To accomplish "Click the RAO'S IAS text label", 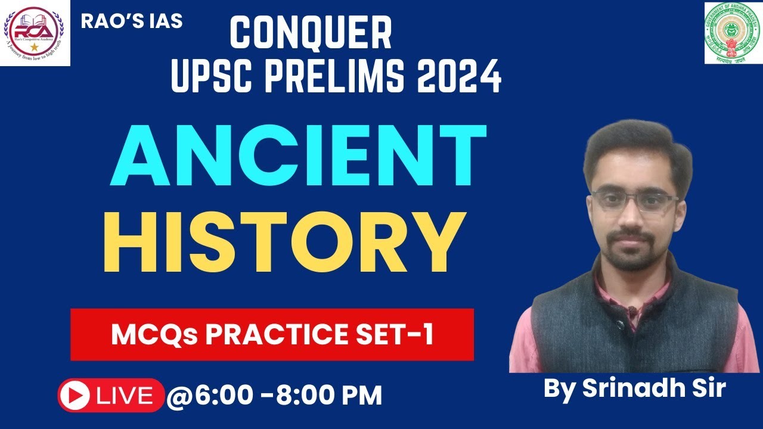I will tap(132, 21).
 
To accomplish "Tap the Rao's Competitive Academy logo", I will tap(35, 33).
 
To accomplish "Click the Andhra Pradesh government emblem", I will tap(733, 33).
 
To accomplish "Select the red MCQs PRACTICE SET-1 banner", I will tap(272, 334).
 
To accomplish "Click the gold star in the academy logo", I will tap(35, 46).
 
